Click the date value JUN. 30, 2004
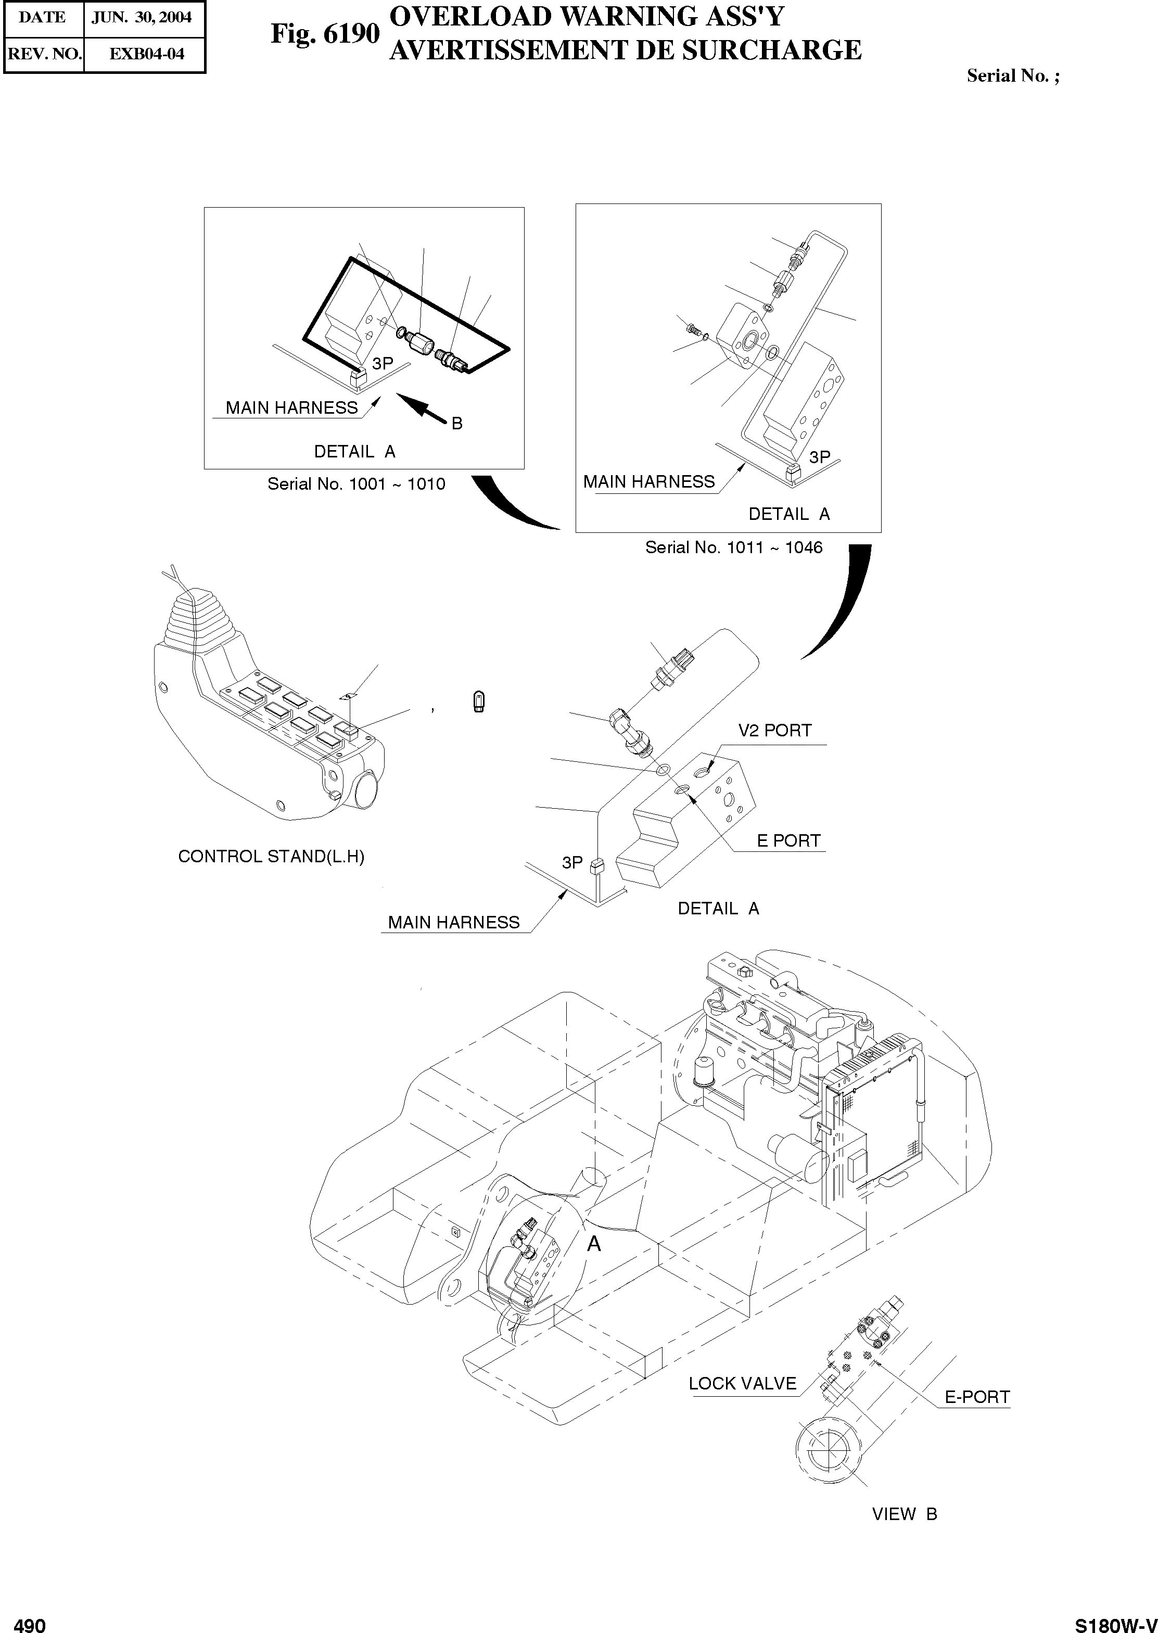click(x=142, y=17)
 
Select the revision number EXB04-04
click(x=146, y=54)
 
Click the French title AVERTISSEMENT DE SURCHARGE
click(x=626, y=50)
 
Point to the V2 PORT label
click(x=774, y=731)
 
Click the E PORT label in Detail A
click(x=788, y=841)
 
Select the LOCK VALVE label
click(x=742, y=1384)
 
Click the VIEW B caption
click(x=904, y=1514)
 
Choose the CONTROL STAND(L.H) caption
click(x=271, y=857)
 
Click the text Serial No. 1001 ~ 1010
click(x=356, y=484)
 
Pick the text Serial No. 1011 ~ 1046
click(x=734, y=547)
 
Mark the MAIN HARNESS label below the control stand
click(x=453, y=922)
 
